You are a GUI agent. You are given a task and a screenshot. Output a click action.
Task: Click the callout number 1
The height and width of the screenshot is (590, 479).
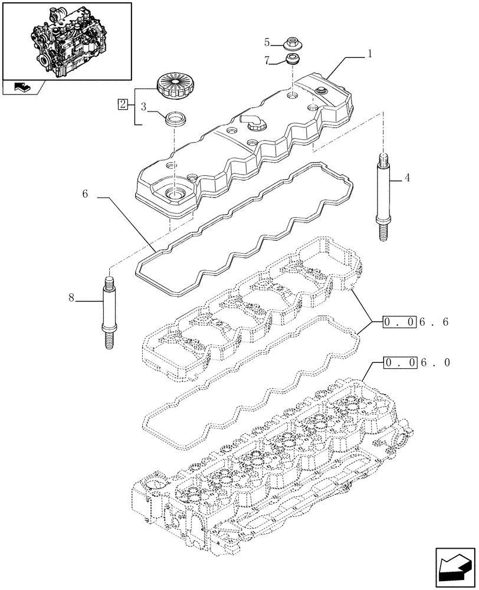tap(369, 54)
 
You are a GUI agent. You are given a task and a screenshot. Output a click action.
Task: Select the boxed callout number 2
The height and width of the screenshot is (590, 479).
tap(122, 104)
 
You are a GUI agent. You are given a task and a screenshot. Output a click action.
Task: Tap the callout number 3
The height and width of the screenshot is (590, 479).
tap(143, 106)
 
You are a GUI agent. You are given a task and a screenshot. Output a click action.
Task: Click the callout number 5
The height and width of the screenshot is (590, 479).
tap(267, 42)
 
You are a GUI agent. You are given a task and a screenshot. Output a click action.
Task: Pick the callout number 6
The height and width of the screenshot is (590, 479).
tap(86, 194)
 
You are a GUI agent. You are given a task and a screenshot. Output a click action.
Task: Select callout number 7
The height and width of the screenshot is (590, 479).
tap(267, 60)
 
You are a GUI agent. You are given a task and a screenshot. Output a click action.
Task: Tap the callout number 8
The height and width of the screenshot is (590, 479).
tap(71, 298)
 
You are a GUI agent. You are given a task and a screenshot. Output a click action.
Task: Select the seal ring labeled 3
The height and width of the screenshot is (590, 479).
tap(175, 119)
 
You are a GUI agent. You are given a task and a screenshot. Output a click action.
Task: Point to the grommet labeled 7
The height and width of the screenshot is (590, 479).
tap(292, 59)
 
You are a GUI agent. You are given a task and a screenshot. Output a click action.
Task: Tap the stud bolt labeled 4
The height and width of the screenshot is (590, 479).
tap(381, 196)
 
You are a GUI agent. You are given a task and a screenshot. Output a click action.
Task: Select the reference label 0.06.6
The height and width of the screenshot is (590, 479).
tap(416, 322)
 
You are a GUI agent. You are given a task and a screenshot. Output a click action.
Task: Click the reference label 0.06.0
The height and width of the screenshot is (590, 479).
tap(416, 362)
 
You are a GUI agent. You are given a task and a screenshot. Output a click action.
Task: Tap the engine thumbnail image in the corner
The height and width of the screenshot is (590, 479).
tap(66, 40)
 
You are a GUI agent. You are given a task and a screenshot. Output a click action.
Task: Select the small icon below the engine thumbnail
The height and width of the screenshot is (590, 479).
tap(21, 88)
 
